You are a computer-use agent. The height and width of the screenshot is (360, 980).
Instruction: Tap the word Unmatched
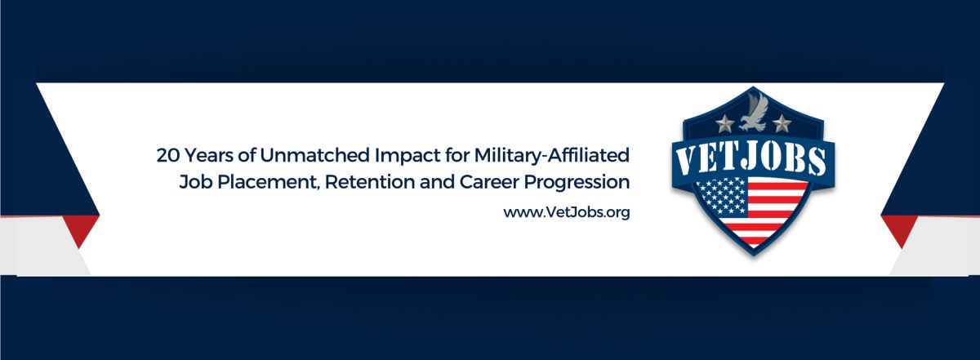pos(314,155)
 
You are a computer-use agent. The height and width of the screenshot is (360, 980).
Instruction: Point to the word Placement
pos(266,182)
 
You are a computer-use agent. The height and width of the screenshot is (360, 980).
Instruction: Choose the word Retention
pos(369,182)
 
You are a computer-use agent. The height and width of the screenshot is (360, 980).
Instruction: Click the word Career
pos(488,182)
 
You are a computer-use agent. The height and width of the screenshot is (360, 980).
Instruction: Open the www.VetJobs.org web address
pos(567,212)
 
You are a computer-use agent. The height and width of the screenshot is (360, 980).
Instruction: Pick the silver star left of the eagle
pos(724,124)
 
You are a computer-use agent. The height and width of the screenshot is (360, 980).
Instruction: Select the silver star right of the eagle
pos(782,124)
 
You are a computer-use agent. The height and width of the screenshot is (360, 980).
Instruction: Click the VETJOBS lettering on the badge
pos(751,159)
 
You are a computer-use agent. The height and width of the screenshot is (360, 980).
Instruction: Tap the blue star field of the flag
pos(722,196)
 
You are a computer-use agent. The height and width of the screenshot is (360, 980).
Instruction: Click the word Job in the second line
pos(195,182)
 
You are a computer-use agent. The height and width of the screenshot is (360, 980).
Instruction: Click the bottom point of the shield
pos(753,255)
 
